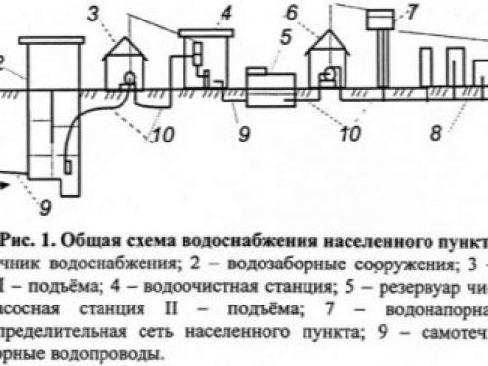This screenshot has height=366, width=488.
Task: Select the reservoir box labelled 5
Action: (x=268, y=88)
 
